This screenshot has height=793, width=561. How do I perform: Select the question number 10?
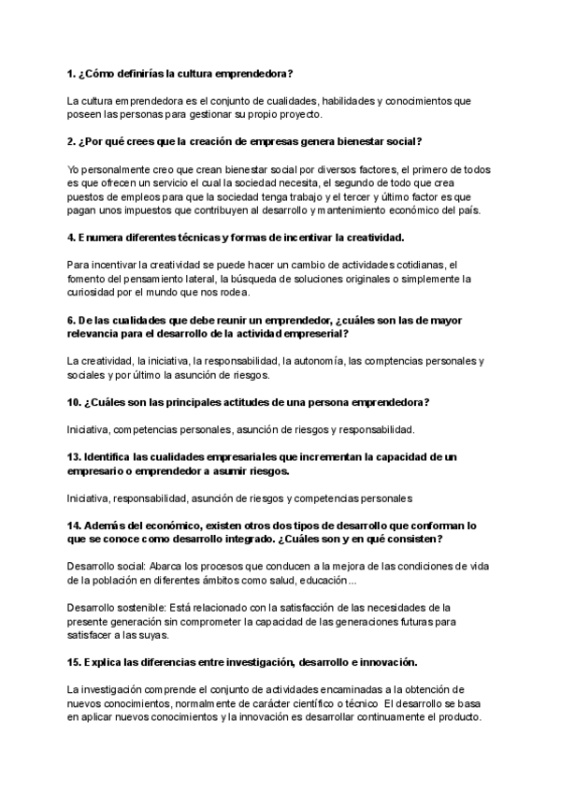(75, 402)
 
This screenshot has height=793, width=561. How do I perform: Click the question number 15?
(75, 662)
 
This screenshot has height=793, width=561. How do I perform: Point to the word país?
(466, 210)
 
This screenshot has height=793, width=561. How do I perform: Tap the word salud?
(323, 581)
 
